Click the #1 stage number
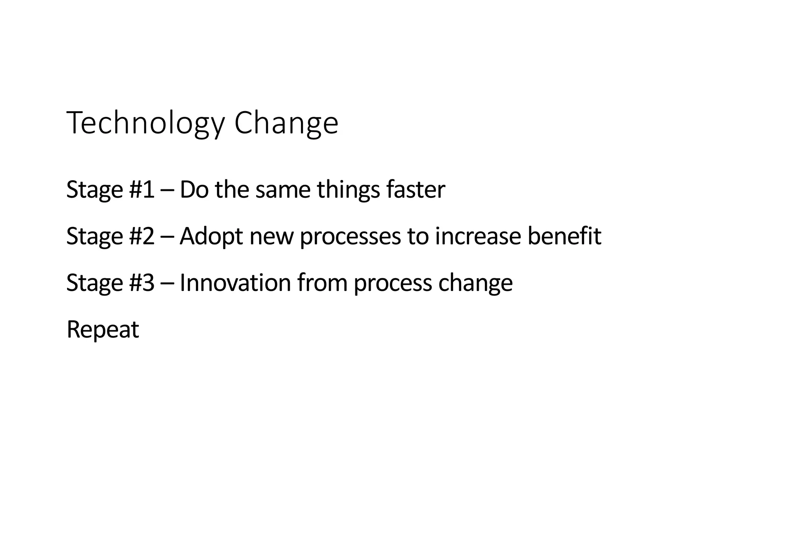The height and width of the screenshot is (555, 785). click(x=142, y=189)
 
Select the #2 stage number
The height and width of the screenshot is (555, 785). click(x=142, y=236)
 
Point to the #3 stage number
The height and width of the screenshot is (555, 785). click(x=142, y=282)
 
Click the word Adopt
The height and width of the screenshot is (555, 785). click(x=211, y=236)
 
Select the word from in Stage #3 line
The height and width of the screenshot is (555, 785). click(x=322, y=282)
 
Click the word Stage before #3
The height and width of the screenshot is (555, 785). click(x=94, y=283)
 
